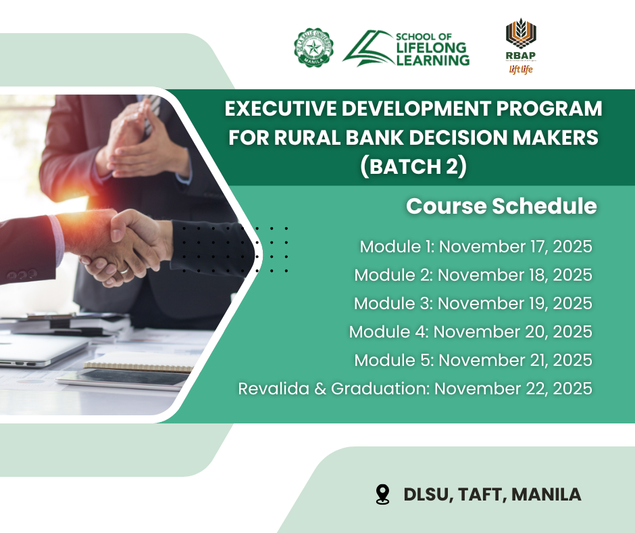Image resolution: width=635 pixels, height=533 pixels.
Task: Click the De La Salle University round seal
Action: (314, 47)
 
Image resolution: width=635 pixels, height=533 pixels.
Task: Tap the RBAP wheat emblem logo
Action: (521, 34)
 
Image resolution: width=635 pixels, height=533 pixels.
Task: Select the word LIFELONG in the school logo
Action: (432, 48)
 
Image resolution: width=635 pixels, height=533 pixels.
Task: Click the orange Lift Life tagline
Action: (521, 70)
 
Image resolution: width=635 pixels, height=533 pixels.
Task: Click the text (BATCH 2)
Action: (413, 166)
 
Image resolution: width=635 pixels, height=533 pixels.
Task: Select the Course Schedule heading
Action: (501, 206)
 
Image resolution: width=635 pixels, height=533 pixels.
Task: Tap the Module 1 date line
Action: (476, 247)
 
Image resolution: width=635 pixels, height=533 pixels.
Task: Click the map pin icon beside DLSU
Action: (382, 494)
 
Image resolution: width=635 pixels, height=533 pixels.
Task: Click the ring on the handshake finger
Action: (124, 269)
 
